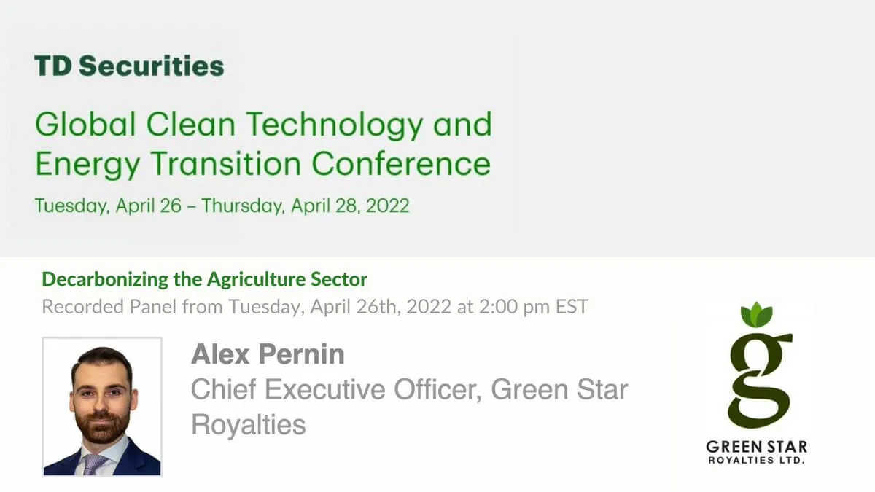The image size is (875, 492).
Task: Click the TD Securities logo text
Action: tap(129, 66)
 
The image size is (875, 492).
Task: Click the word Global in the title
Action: tap(85, 124)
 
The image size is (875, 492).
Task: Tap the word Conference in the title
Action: tap(401, 163)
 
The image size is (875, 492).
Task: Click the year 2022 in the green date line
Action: tap(387, 206)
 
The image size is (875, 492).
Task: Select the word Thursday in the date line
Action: tap(243, 206)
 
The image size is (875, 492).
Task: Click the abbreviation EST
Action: tap(572, 306)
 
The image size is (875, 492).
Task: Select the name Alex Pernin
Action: tap(268, 354)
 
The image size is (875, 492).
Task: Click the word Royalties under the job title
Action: tap(249, 425)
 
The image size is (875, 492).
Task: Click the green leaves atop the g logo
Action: tap(757, 315)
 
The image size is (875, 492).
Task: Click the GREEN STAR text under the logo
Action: tap(757, 447)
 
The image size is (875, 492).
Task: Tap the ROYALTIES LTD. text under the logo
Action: tap(757, 461)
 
